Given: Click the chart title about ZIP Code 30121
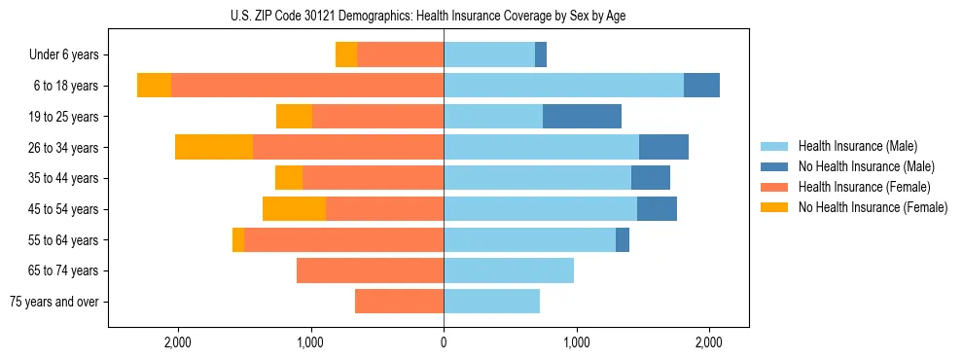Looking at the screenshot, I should click(444, 16).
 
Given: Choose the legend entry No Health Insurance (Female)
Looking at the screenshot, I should click(873, 207).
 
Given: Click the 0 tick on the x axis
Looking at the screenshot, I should click(444, 342).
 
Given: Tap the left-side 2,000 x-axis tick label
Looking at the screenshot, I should click(178, 342).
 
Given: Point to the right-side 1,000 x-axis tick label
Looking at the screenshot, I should click(577, 342).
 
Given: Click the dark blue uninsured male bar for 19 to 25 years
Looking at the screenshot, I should click(582, 117).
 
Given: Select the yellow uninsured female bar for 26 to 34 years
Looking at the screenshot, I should click(214, 147).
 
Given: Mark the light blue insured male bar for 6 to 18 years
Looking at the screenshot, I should click(563, 86).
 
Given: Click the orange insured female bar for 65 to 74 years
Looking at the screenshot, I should click(370, 270).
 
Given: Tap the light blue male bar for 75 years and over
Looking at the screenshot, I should click(491, 302).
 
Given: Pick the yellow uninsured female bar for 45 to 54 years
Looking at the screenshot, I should click(294, 209).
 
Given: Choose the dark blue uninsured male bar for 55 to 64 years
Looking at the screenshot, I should click(623, 239).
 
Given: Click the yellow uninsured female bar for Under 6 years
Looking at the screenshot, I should click(346, 55).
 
